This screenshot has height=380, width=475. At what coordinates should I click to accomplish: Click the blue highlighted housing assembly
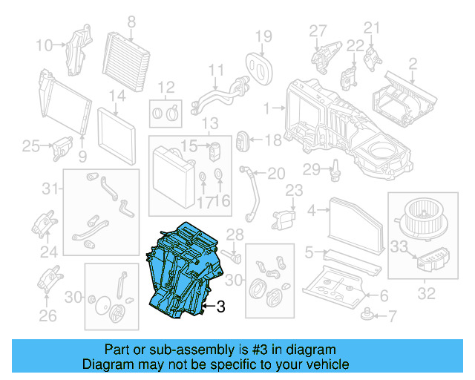(x=182, y=271)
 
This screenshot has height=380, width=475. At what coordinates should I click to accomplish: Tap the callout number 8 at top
(x=131, y=22)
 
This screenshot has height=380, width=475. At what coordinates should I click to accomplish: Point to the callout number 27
(x=318, y=30)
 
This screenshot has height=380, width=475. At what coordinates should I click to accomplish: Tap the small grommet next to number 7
(x=366, y=315)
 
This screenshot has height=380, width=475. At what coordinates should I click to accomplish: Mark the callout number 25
(x=30, y=146)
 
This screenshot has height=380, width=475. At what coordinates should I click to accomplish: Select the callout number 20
(x=275, y=174)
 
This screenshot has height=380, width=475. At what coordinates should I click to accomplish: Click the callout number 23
(x=295, y=191)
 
